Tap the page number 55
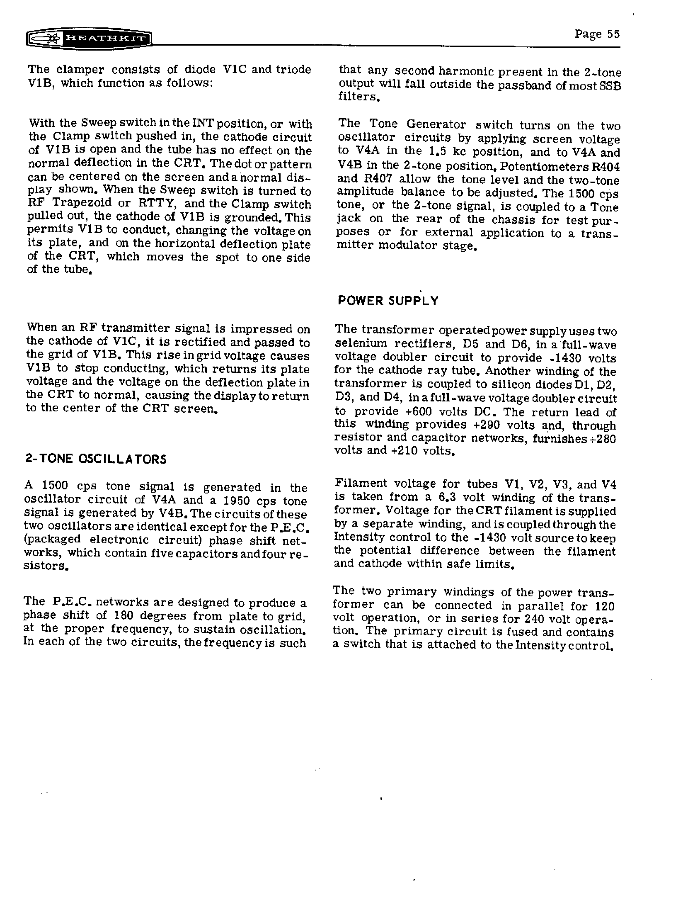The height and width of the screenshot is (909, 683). point(613,34)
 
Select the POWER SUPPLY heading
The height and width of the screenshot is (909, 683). point(388,301)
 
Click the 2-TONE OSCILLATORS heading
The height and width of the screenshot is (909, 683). point(96,459)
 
